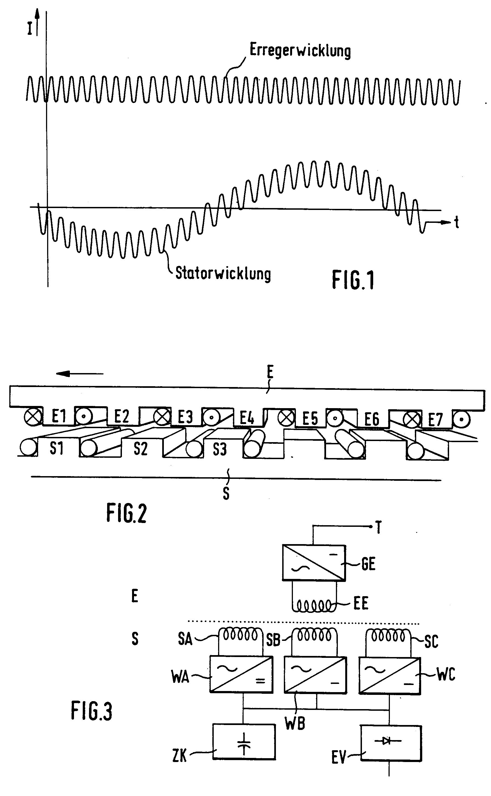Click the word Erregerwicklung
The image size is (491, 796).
[300, 51]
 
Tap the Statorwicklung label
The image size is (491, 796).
[223, 274]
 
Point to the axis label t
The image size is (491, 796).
[456, 223]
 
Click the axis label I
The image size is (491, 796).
[30, 29]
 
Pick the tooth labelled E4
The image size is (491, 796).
[247, 418]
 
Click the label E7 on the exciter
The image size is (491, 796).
[435, 420]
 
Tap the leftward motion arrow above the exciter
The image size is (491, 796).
[79, 374]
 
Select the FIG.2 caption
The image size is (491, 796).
[126, 513]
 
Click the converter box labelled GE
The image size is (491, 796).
[314, 563]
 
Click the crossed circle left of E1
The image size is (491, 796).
[33, 417]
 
